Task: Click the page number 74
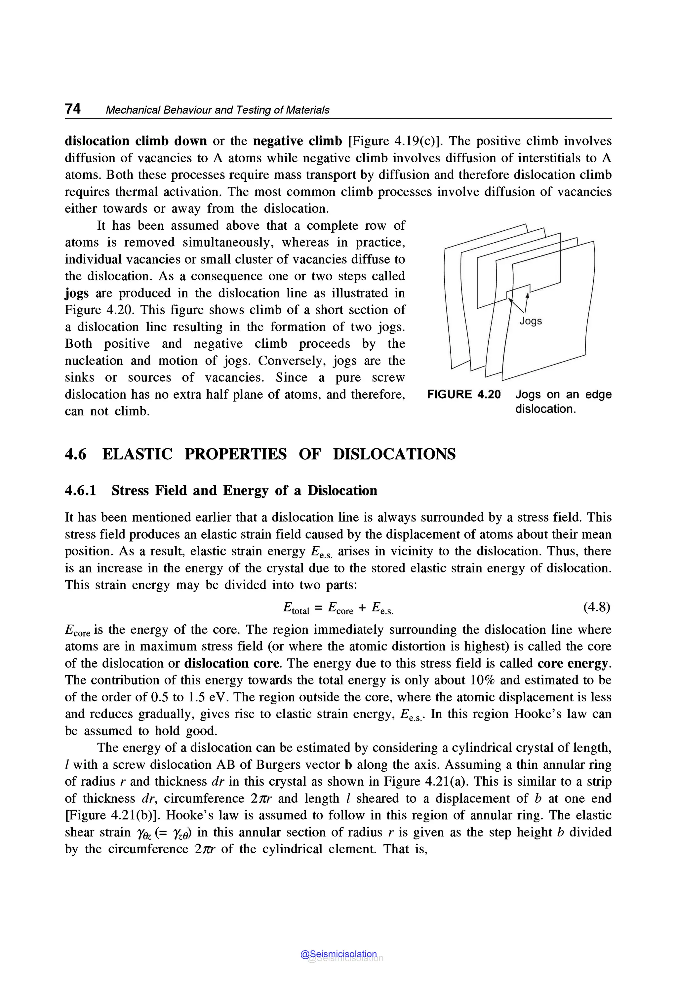72,109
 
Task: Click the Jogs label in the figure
531,321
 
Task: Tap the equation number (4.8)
597,607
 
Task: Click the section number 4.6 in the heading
76,454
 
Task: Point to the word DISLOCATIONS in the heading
394,454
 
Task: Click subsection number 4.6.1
80,490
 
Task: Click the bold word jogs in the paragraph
76,293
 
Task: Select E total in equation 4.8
296,608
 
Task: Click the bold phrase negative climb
298,141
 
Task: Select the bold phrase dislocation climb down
136,141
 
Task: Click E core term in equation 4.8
340,608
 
